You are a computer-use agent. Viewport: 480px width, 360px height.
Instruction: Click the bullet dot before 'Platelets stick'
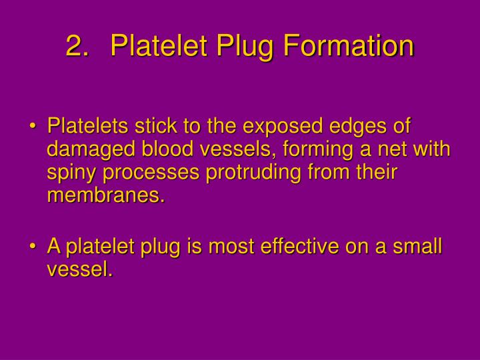coord(34,127)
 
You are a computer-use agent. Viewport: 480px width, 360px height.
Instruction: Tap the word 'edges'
coord(355,127)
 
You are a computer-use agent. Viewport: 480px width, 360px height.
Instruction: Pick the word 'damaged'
coord(85,150)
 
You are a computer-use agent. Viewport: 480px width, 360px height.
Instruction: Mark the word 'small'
coord(415,247)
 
